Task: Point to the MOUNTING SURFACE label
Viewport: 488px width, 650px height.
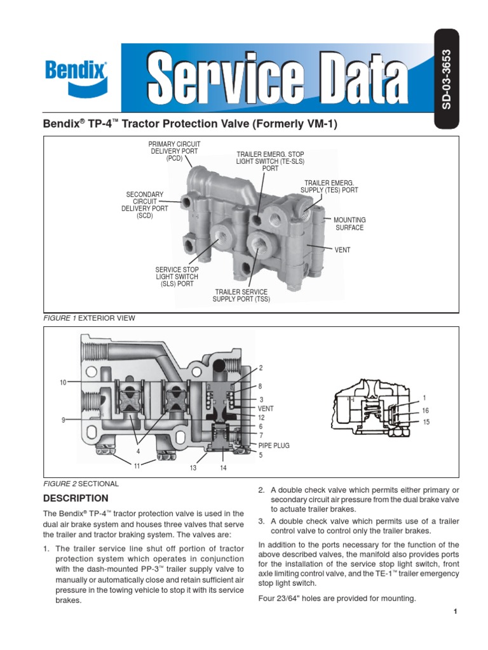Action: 349,223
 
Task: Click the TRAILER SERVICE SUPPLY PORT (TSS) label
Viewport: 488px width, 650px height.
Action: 241,295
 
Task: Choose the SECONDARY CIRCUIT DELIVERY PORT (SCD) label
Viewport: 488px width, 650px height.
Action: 145,205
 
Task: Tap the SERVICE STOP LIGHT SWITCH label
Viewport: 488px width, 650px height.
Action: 177,277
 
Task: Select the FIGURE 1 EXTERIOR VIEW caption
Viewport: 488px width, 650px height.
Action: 89,318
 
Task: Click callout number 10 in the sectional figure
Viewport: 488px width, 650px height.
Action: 63,382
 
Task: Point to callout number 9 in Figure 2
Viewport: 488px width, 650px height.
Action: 64,420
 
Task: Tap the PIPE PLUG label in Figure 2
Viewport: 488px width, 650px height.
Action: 273,446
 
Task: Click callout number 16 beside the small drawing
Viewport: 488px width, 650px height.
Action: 426,411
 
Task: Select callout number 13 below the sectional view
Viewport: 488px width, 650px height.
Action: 194,468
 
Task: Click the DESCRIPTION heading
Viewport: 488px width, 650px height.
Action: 75,498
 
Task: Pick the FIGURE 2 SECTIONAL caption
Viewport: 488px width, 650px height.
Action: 80,484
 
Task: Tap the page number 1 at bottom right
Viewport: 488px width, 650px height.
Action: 456,611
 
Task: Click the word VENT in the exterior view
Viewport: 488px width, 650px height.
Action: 342,250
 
